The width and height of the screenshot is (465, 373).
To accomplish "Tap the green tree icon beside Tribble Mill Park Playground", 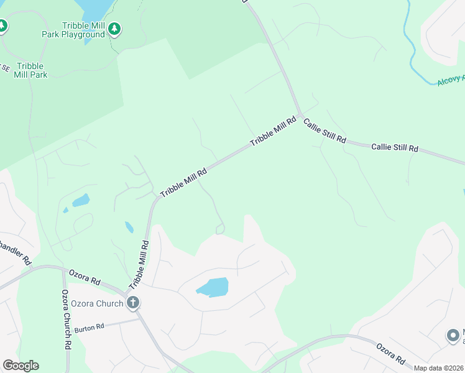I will (x=114, y=29).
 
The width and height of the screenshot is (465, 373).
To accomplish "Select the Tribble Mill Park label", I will (x=30, y=70).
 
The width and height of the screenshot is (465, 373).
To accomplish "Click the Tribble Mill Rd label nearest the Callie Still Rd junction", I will (x=274, y=131).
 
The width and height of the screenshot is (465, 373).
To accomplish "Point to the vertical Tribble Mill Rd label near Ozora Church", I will (x=139, y=265).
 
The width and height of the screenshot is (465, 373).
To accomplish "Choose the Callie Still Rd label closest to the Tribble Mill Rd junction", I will (x=325, y=132).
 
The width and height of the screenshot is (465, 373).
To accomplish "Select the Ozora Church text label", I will (x=98, y=303).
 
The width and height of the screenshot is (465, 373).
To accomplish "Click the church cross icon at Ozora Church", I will (x=132, y=303).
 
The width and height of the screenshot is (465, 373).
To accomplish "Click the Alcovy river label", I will (x=451, y=80).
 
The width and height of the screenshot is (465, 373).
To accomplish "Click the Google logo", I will (x=21, y=366).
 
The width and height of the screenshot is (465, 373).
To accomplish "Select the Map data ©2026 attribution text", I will (x=438, y=368).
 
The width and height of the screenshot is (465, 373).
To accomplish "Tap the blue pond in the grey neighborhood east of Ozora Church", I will (x=213, y=287).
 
